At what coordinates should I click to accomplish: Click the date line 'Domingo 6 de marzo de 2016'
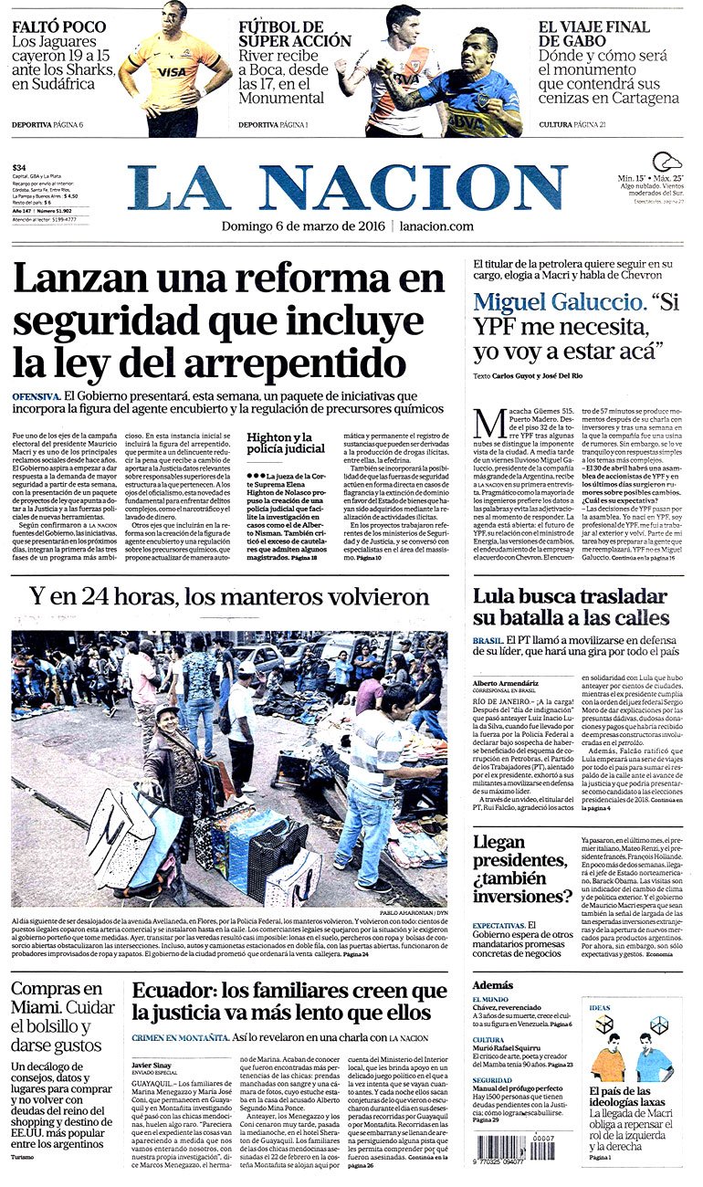(304, 226)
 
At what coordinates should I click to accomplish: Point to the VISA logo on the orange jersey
(172, 71)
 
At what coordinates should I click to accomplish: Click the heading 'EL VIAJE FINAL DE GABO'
(593, 34)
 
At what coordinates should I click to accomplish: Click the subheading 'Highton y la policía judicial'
(279, 444)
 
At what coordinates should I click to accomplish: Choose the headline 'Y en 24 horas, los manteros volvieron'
(228, 598)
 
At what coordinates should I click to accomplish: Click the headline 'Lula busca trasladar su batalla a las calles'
(571, 607)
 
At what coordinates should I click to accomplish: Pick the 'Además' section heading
(493, 985)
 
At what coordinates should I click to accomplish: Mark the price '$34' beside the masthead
(19, 168)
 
